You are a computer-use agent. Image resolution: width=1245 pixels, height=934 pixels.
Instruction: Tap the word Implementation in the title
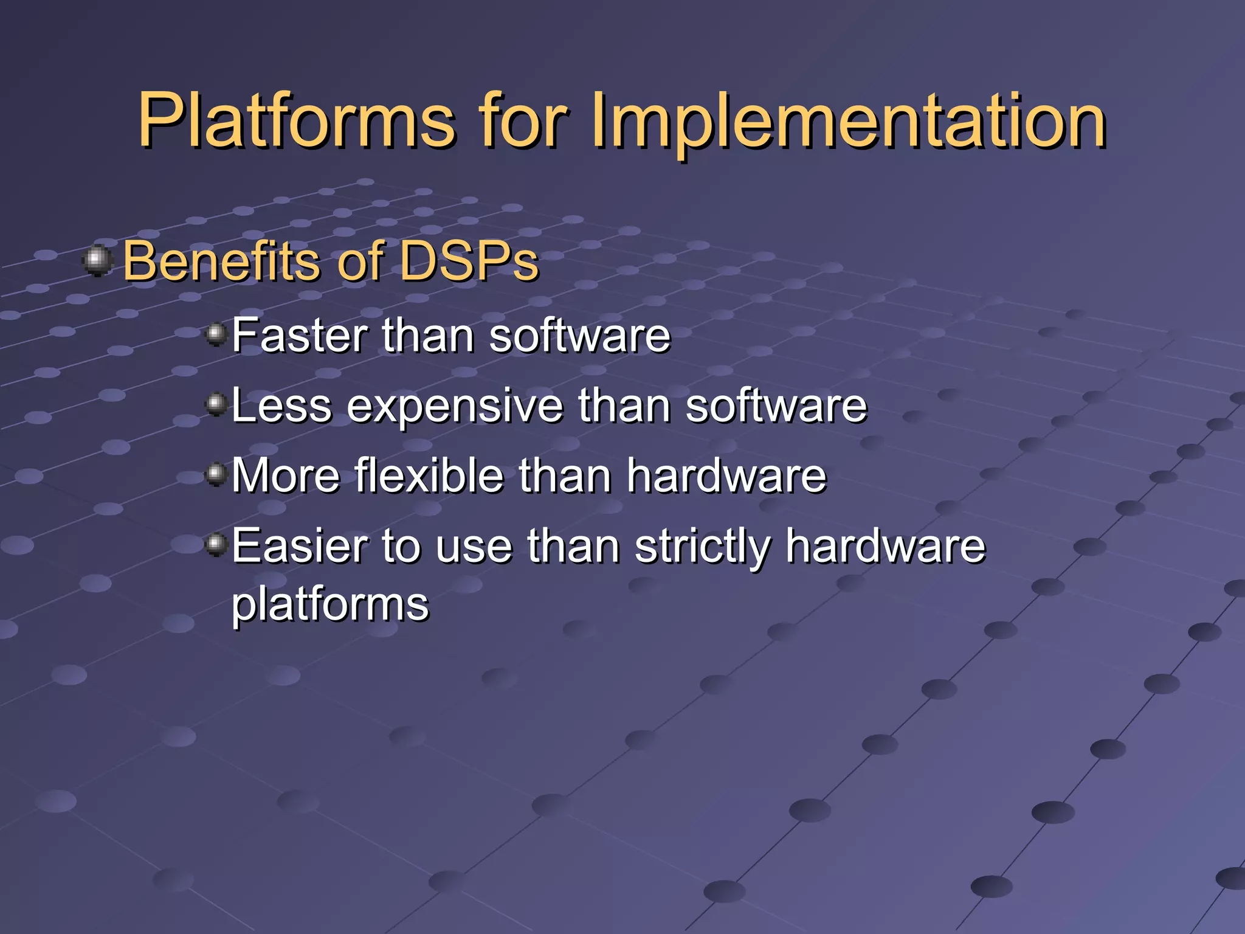pos(847,121)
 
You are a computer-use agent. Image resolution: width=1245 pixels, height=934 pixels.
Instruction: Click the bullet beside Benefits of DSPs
pos(97,261)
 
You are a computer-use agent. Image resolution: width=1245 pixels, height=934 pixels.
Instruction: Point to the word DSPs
pos(469,261)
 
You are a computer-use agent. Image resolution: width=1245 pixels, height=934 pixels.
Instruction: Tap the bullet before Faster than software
pos(216,334)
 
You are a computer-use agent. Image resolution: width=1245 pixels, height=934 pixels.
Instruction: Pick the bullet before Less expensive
pos(216,404)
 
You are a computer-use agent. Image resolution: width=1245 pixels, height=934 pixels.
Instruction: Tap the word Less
pos(281,406)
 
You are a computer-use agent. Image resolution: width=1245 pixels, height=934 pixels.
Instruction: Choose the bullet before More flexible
pos(216,474)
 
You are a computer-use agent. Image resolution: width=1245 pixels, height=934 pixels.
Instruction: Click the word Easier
pos(300,545)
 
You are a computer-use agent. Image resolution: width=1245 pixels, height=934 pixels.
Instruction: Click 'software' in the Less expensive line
pos(776,406)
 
